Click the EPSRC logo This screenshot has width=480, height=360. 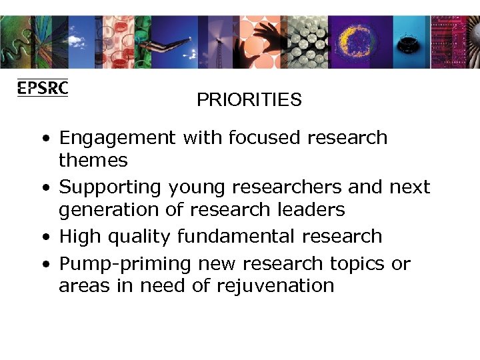point(42,88)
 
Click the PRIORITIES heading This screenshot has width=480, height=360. point(249,100)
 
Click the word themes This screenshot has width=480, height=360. point(93,160)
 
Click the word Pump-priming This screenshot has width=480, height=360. point(125,264)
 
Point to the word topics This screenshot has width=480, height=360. point(357,264)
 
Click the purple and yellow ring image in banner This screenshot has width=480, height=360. point(359,40)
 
